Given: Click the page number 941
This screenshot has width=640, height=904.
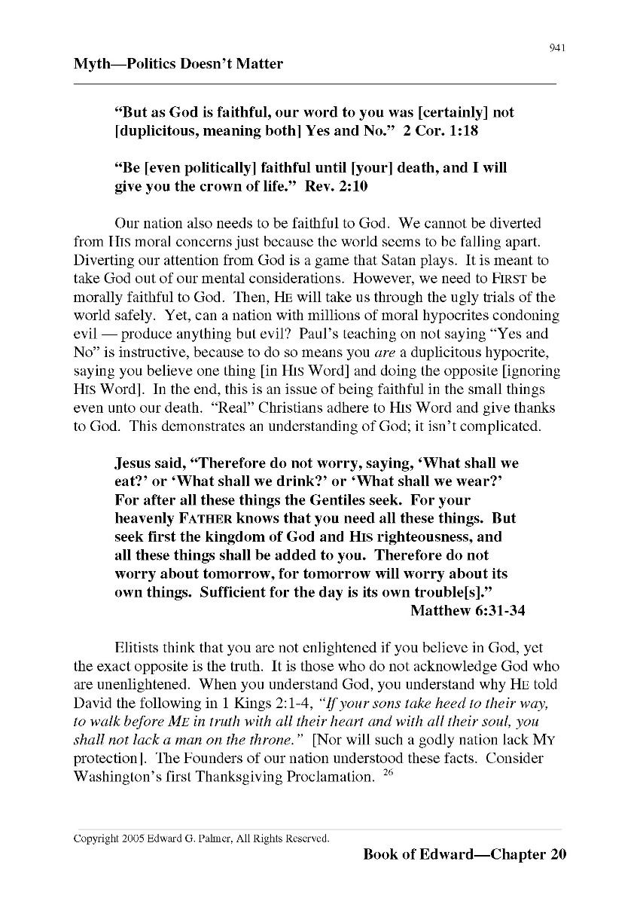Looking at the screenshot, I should tap(557, 48).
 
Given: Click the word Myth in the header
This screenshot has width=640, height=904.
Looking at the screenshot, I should tap(91, 64).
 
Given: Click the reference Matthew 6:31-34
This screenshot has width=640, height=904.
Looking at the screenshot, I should tap(467, 611).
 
